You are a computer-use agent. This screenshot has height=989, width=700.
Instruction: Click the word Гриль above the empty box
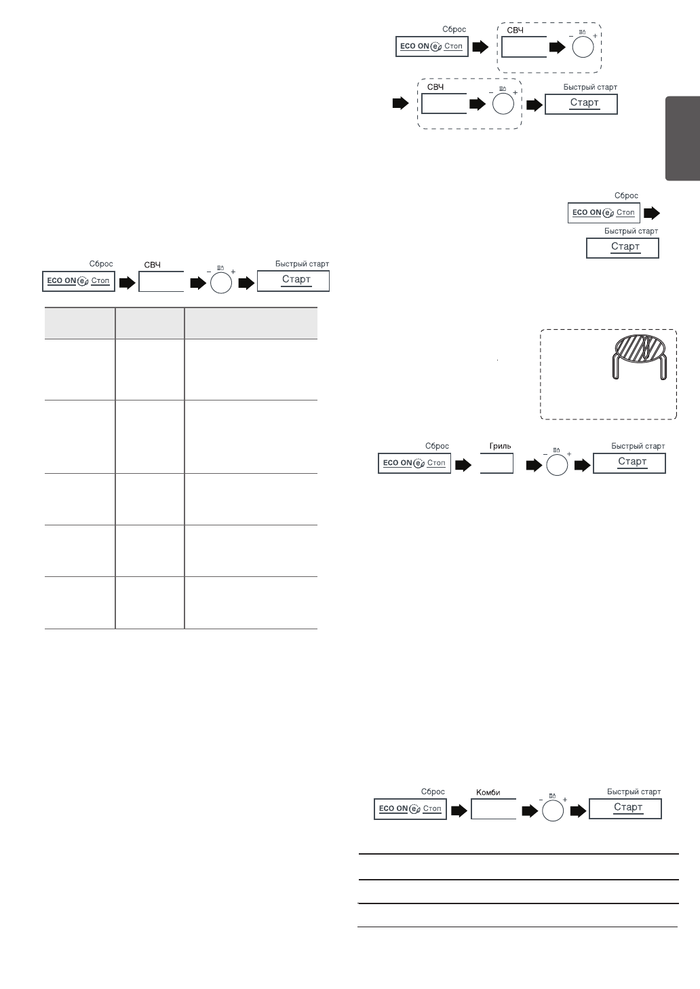pyautogui.click(x=500, y=446)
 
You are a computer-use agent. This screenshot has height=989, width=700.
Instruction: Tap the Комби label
pyautogui.click(x=488, y=792)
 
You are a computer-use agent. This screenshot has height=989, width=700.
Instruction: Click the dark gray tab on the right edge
pyautogui.click(x=682, y=138)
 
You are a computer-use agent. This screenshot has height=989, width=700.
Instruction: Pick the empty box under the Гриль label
pyautogui.click(x=497, y=464)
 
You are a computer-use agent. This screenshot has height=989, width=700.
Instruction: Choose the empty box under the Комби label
pyautogui.click(x=493, y=809)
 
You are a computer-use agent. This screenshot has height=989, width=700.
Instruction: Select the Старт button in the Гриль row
pyautogui.click(x=629, y=463)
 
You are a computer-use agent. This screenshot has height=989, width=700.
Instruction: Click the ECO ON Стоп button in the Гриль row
pyautogui.click(x=414, y=463)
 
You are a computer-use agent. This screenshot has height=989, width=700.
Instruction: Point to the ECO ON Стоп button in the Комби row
pyautogui.click(x=410, y=809)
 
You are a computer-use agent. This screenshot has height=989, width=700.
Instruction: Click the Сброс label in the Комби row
pyautogui.click(x=433, y=791)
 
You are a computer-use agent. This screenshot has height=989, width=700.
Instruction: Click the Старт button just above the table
pyautogui.click(x=293, y=280)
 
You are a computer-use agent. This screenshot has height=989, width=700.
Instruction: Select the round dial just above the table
pyautogui.click(x=221, y=282)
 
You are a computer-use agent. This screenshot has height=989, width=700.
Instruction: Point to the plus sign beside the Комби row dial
pyautogui.click(x=565, y=800)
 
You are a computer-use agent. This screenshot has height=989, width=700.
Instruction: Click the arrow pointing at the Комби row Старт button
pyautogui.click(x=579, y=810)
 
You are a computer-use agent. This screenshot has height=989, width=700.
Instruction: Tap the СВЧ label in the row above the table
pyautogui.click(x=153, y=264)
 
